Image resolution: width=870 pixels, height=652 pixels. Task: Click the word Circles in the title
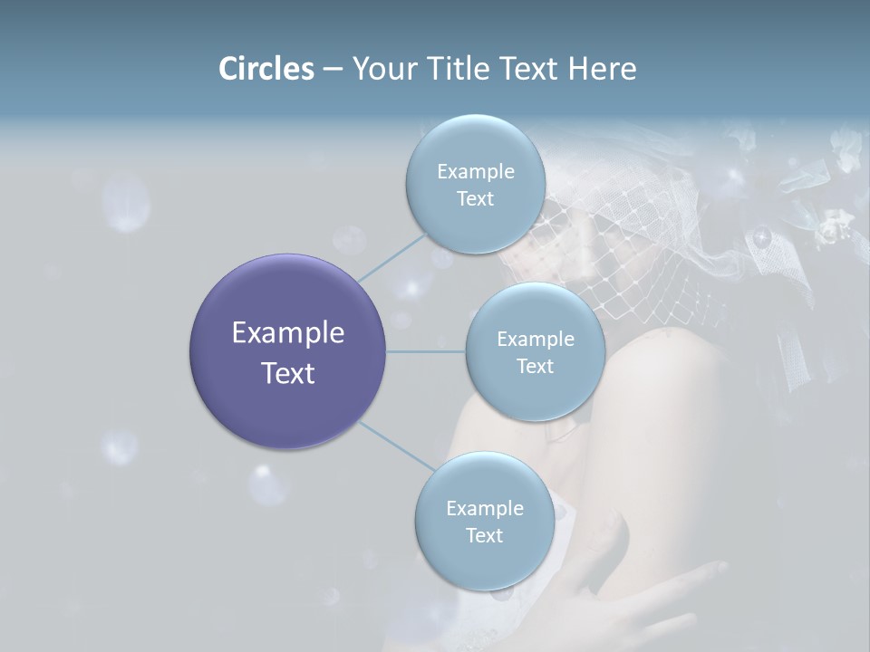tap(266, 69)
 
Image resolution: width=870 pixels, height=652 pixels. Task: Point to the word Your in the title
tap(383, 69)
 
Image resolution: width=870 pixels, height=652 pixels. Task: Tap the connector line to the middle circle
tap(426, 351)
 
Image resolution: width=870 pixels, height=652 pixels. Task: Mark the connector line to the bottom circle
tap(396, 446)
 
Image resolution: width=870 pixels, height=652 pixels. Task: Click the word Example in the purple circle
tap(287, 333)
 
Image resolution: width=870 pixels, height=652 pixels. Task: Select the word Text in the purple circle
tap(287, 373)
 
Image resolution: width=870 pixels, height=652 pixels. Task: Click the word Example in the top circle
tap(476, 172)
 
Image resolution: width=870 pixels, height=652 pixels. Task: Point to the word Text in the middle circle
tap(535, 366)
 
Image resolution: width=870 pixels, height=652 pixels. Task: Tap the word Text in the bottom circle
tap(484, 535)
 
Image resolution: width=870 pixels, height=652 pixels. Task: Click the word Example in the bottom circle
tap(484, 508)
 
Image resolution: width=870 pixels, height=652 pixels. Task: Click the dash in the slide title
tap(332, 69)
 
